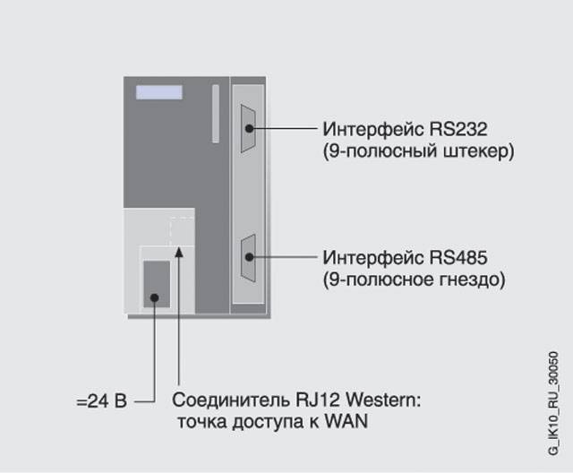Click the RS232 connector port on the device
tap(247, 128)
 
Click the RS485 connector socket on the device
tap(247, 258)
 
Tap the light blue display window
tap(159, 92)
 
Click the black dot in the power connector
tap(155, 297)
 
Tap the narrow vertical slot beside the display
tap(215, 114)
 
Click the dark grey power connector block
tap(157, 283)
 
